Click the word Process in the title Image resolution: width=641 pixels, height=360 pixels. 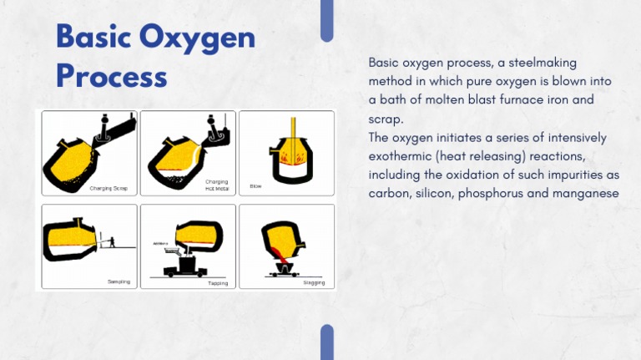[x=111, y=76]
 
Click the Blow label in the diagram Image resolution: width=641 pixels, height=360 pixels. [x=255, y=186]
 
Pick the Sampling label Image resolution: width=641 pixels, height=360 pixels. [x=119, y=282]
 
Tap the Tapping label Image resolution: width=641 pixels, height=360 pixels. [x=217, y=283]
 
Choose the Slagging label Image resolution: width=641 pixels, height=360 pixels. [x=315, y=283]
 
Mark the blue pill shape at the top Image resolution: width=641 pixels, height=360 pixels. [x=326, y=21]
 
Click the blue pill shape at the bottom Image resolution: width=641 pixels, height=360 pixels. [x=326, y=342]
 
